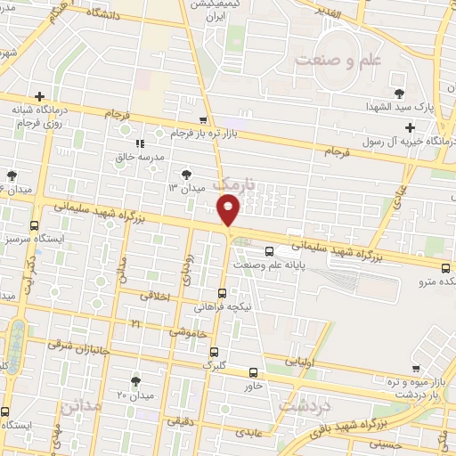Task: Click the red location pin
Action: [229, 208]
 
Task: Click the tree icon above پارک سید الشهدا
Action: [398, 93]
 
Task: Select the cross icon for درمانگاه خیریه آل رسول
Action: [409, 127]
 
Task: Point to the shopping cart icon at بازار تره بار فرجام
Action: [204, 119]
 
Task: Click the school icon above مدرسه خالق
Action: [139, 142]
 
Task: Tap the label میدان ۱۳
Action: [187, 188]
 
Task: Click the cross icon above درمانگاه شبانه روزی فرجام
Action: [39, 96]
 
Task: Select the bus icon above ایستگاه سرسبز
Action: [35, 225]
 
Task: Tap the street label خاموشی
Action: [188, 330]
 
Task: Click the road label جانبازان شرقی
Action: [79, 343]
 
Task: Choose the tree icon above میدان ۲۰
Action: [135, 380]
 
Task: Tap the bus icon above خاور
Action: [254, 372]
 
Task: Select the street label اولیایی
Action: [297, 362]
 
